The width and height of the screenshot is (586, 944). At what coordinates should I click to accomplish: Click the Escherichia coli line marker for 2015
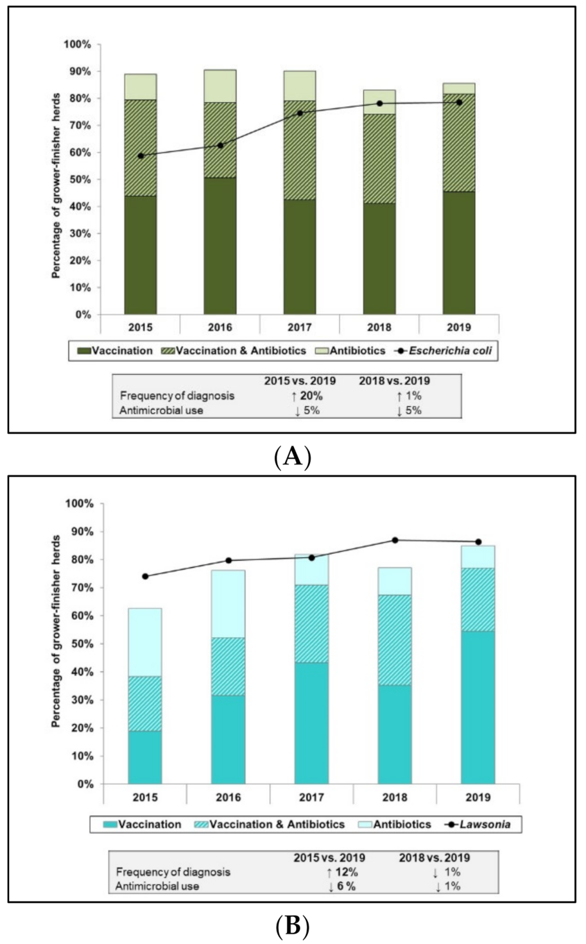(x=141, y=155)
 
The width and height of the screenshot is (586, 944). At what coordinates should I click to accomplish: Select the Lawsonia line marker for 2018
(x=395, y=540)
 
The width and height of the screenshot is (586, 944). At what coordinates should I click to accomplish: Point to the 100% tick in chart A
(x=81, y=44)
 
